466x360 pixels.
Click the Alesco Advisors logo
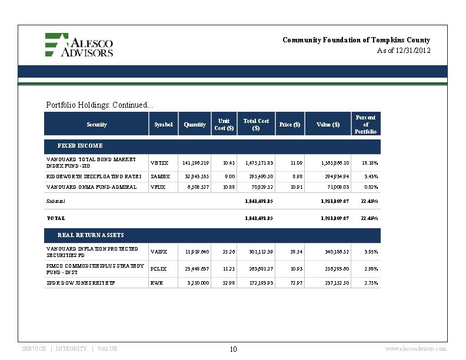point(79,45)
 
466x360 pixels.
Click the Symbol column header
point(163,125)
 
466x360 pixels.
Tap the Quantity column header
point(195,125)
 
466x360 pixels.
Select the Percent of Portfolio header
point(366,124)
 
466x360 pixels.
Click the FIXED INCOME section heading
point(80,145)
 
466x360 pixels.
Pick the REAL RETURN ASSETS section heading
point(91,235)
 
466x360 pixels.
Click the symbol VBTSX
point(159,162)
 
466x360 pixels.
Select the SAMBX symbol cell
point(160,176)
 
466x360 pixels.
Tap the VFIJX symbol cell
point(158,187)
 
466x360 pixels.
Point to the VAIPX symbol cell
point(159,252)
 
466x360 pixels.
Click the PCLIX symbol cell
point(158,269)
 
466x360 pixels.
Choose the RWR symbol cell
point(156,283)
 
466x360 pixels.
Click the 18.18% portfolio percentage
point(370,162)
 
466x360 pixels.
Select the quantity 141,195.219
point(195,162)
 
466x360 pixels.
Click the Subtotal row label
point(56,201)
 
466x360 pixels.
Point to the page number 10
point(233,349)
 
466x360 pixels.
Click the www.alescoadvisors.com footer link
point(415,349)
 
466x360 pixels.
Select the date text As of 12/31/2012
point(404,51)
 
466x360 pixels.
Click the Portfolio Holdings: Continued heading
point(99,105)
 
